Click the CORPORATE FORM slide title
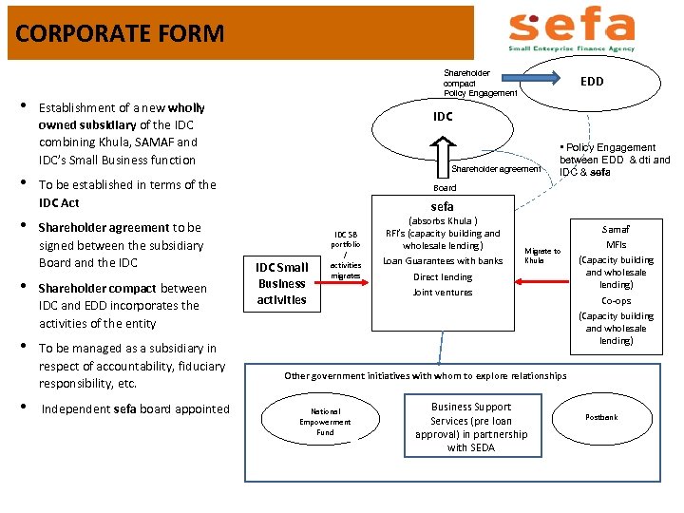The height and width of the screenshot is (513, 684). (x=120, y=34)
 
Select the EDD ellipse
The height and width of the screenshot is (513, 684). (x=591, y=82)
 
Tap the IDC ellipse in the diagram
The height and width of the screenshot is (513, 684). (x=443, y=117)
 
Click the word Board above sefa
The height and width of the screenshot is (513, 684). (x=444, y=187)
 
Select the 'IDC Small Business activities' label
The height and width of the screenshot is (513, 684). (x=282, y=283)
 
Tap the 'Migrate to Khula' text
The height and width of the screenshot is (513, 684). (x=541, y=256)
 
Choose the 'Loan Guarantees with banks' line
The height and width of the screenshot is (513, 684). (x=443, y=261)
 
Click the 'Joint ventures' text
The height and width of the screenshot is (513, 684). (x=442, y=293)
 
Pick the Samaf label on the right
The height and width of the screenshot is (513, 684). (x=616, y=229)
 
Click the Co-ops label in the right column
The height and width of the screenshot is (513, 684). (x=616, y=300)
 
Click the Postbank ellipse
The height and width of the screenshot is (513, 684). (x=600, y=417)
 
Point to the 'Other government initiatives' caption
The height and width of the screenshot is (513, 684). (x=425, y=376)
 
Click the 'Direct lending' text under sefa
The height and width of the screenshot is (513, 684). (x=442, y=277)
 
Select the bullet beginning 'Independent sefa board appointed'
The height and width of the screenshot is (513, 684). (x=134, y=409)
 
